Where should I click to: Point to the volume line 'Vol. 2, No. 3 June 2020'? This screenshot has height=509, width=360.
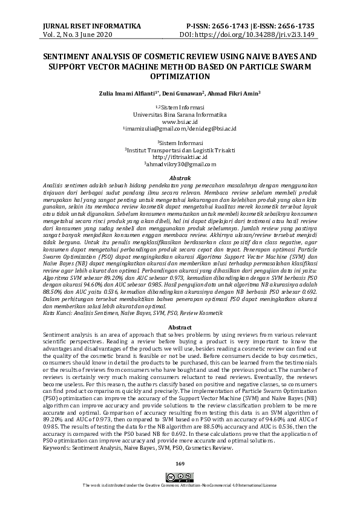click(x=78, y=35)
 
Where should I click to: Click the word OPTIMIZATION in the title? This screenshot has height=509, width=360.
click(x=180, y=77)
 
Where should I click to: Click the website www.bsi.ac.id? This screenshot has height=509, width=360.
click(x=180, y=122)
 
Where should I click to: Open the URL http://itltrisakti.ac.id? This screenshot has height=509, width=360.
click(x=180, y=157)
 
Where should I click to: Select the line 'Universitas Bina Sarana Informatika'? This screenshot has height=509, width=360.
click(x=180, y=114)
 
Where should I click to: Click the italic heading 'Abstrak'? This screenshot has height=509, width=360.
click(x=180, y=178)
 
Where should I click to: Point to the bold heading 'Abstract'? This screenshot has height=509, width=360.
click(x=180, y=327)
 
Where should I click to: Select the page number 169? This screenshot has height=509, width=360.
click(x=180, y=463)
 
